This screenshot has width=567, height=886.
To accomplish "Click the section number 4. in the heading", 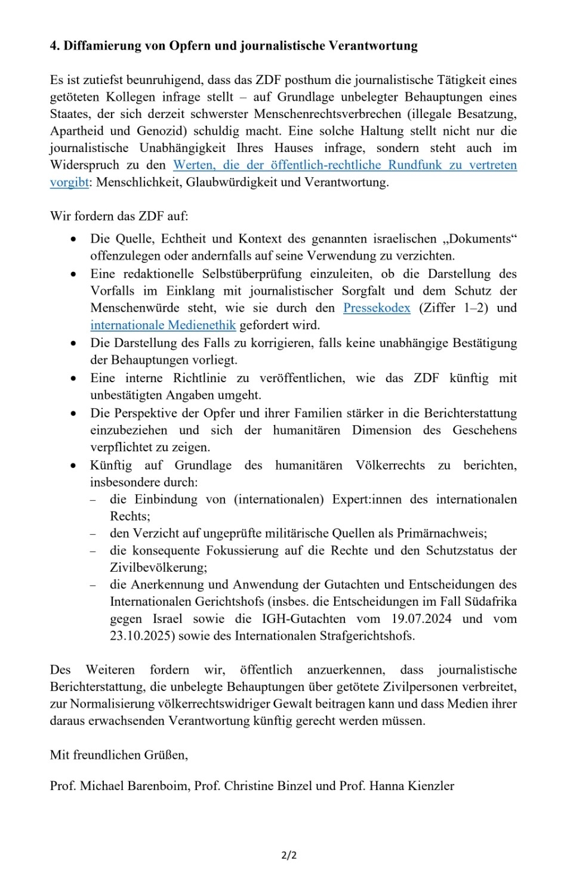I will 55,46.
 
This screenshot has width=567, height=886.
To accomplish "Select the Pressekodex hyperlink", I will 377,308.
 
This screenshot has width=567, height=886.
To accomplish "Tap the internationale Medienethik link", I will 163,325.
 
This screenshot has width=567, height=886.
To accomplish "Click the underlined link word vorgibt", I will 69,182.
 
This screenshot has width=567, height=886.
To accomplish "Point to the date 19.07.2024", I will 421,618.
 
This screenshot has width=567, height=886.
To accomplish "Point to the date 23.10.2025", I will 141,636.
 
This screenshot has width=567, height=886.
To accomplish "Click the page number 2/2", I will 289,855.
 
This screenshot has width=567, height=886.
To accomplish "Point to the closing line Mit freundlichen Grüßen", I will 119,755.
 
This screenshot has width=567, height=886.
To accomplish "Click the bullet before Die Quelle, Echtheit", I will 73,239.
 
